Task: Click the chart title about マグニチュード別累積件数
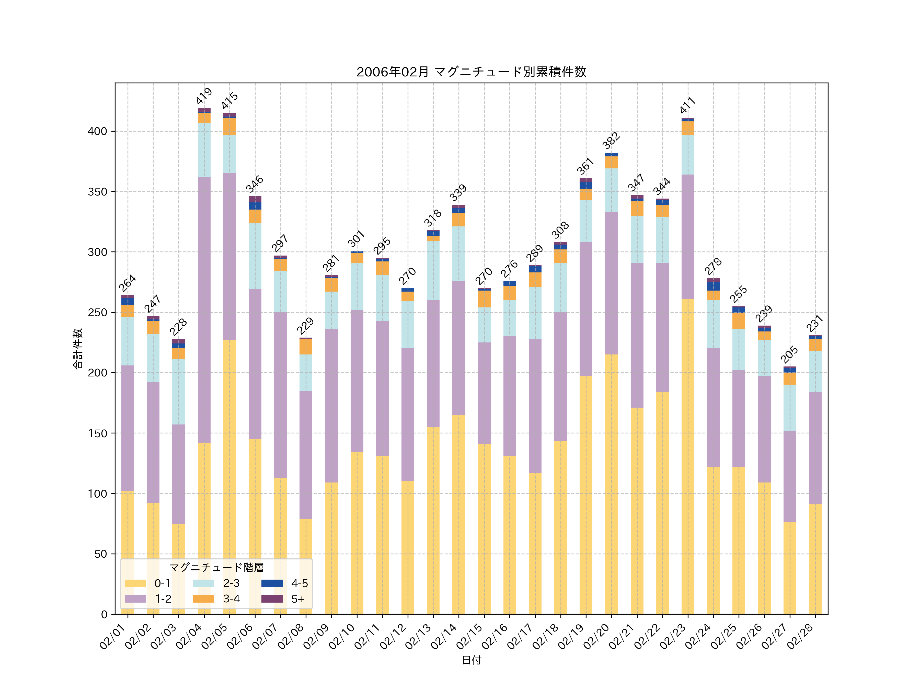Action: pos(471,72)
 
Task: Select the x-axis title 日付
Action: pos(471,660)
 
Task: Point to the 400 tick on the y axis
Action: pos(97,131)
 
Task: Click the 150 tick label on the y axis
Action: pos(97,433)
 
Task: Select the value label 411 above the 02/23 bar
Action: pos(688,105)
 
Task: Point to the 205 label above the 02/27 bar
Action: pos(789,354)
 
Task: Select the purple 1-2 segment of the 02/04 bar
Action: pos(204,310)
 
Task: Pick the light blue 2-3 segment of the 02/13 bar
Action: pos(433,270)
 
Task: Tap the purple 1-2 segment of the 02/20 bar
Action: pos(611,283)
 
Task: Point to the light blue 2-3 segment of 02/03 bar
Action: pos(179,392)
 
